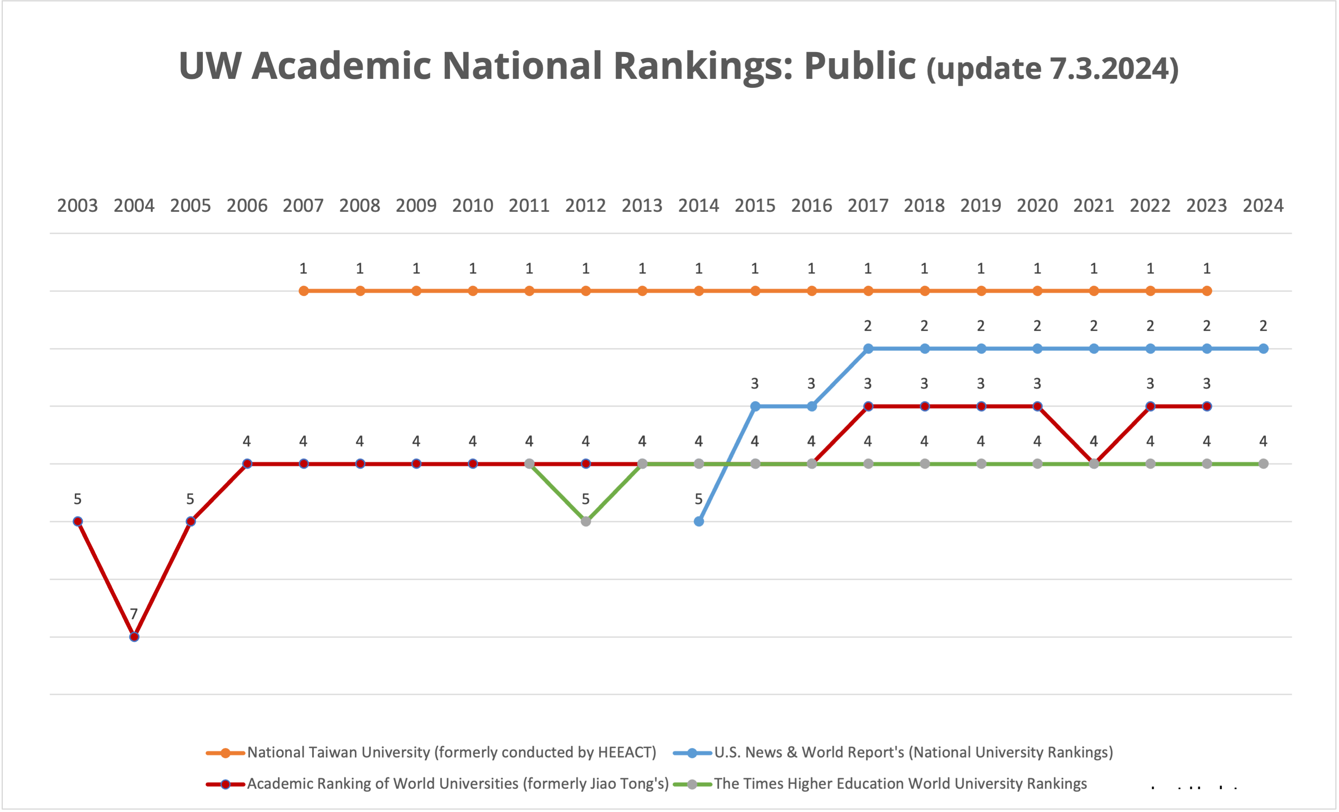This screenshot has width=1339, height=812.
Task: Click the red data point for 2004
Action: tap(134, 636)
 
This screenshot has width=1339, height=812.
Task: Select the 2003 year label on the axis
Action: tap(77, 206)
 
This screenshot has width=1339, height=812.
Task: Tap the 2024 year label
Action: tap(1263, 206)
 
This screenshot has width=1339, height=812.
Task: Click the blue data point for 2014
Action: tap(699, 521)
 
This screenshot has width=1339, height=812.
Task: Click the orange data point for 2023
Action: tap(1207, 291)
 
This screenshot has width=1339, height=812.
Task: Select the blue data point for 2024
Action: tap(1263, 348)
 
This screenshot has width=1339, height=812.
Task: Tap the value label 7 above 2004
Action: tap(134, 614)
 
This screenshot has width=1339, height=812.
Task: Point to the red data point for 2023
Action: tap(1207, 406)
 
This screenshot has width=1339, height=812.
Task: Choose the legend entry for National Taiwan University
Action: tap(451, 752)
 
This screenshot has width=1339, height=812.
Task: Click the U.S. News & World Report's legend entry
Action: tap(913, 752)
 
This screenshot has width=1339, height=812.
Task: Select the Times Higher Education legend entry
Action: tap(900, 784)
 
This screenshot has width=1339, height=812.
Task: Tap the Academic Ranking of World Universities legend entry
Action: tap(458, 784)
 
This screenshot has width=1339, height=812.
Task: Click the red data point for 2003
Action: tap(78, 521)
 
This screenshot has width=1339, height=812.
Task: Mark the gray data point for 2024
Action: tap(1263, 464)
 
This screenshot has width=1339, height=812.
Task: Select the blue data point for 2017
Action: tap(868, 348)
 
